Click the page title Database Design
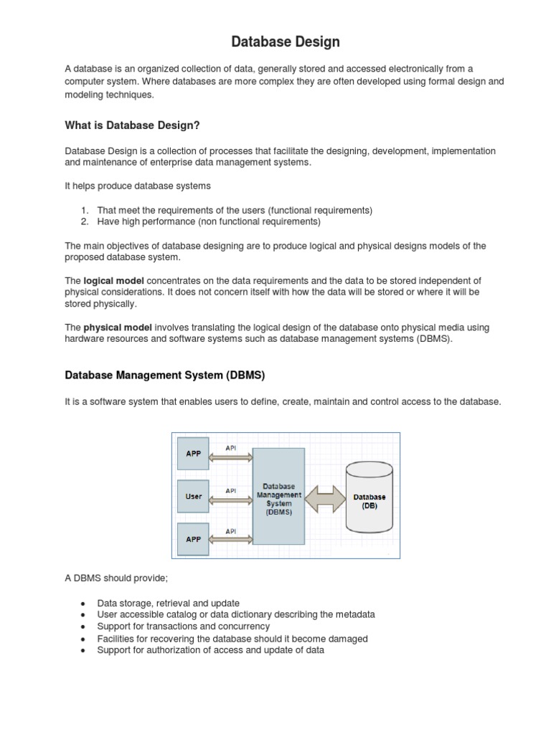[x=285, y=43]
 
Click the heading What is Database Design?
[x=132, y=125]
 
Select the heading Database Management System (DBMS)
[x=165, y=375]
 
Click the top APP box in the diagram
[x=194, y=453]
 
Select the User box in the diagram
[x=194, y=496]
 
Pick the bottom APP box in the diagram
[x=194, y=539]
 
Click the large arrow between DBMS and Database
[x=325, y=497]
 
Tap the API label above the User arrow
[x=231, y=490]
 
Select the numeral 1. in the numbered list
[x=84, y=210]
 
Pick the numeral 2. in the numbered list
[x=84, y=221]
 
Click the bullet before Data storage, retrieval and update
[x=84, y=604]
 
